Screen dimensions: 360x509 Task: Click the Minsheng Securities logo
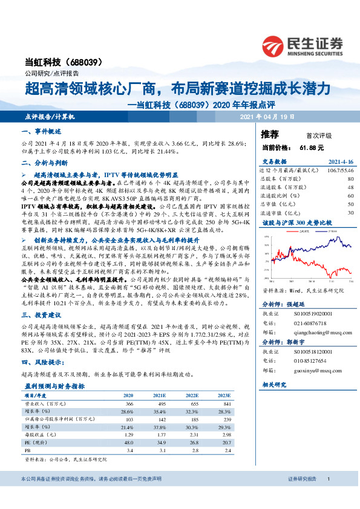pyautogui.click(x=303, y=45)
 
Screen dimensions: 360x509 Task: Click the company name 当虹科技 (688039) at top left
pyautogui.click(x=65, y=62)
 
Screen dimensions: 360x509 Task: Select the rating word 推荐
pyautogui.click(x=269, y=133)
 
